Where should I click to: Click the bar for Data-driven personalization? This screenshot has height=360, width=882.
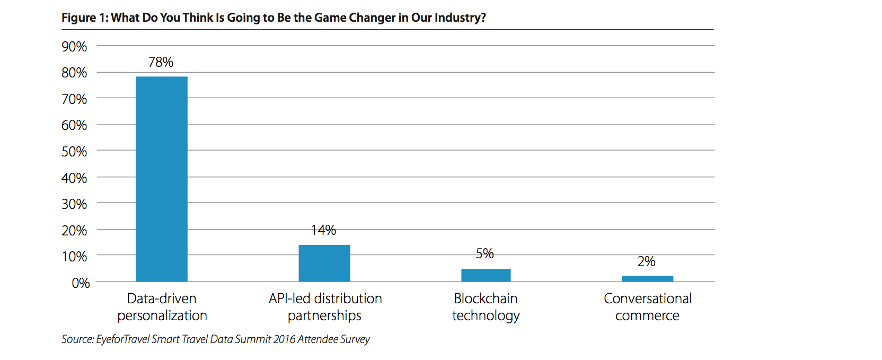click(x=162, y=179)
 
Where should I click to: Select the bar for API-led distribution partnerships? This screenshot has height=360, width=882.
click(x=324, y=264)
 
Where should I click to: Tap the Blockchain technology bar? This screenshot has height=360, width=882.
click(x=486, y=275)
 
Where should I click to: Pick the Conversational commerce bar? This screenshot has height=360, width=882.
click(x=647, y=279)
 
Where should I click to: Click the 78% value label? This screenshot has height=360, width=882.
click(x=161, y=62)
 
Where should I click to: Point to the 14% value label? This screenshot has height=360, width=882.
click(x=323, y=230)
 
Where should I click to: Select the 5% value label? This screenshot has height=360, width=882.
click(x=484, y=253)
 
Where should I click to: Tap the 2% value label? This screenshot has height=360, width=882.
click(x=647, y=261)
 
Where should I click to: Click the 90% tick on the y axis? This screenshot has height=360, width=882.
click(x=74, y=47)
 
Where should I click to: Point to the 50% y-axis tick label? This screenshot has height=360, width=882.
click(x=74, y=152)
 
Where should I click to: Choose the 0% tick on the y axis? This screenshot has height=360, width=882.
click(x=81, y=283)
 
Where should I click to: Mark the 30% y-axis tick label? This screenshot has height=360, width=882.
click(x=74, y=204)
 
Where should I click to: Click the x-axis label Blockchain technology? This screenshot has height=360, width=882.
click(x=486, y=307)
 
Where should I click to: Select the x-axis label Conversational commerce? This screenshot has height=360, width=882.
click(x=648, y=307)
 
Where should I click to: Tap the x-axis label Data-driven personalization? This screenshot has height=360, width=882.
click(x=162, y=307)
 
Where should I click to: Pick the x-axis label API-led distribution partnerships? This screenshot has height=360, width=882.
click(x=325, y=307)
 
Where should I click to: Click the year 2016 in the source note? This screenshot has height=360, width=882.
click(x=284, y=339)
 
